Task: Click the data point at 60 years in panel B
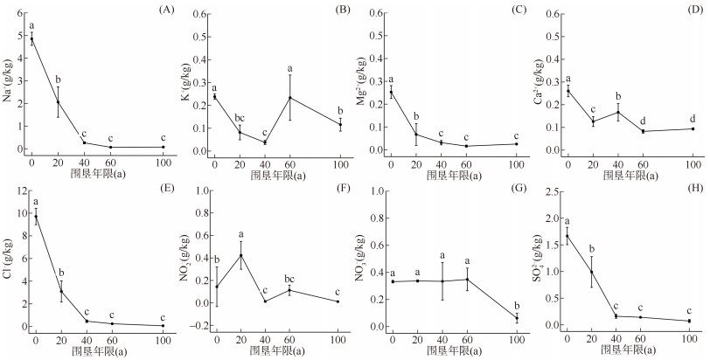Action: coord(289,97)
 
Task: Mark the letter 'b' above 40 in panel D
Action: coord(618,97)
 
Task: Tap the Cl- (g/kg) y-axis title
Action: coord(8,260)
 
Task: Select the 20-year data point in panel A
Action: coord(58,102)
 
